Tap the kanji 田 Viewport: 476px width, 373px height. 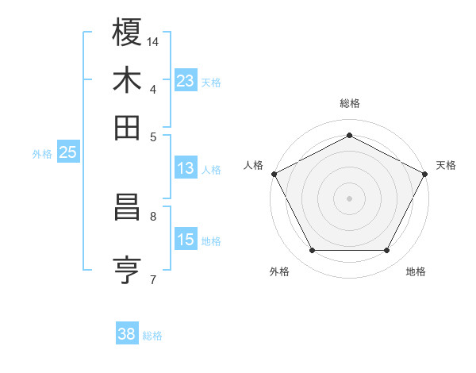pyautogui.click(x=127, y=127)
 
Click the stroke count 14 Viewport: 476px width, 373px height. pyautogui.click(x=153, y=40)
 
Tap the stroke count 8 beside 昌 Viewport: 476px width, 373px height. pyautogui.click(x=153, y=215)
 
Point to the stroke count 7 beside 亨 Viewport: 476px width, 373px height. pyautogui.click(x=153, y=279)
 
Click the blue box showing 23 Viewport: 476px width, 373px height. pyautogui.click(x=186, y=81)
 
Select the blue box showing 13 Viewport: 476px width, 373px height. pyautogui.click(x=186, y=168)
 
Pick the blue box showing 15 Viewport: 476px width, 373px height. pyautogui.click(x=186, y=240)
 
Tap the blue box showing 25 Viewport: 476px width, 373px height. pyautogui.click(x=67, y=153)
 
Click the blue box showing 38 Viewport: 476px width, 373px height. pyautogui.click(x=127, y=334)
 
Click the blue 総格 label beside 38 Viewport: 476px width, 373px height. pyautogui.click(x=152, y=336)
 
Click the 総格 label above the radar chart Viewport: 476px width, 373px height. pyautogui.click(x=350, y=103)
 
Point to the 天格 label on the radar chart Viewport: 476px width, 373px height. pyautogui.click(x=446, y=165)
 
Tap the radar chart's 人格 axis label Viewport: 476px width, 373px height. pyautogui.click(x=254, y=165)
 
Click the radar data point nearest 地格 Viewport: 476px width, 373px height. pyautogui.click(x=387, y=251)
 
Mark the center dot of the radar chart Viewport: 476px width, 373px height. pyautogui.click(x=350, y=198)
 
